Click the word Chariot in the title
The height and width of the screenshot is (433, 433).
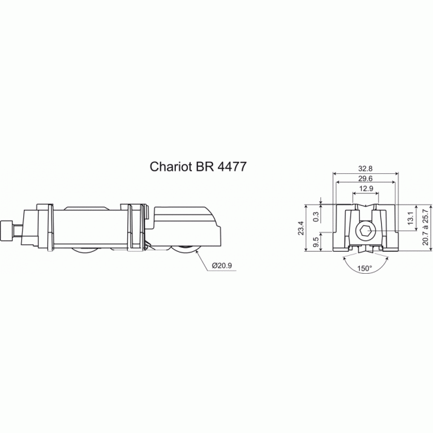(170, 167)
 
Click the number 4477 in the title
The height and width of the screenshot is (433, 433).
(230, 167)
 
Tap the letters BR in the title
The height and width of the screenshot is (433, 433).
(204, 167)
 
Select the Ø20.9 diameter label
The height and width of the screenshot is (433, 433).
(222, 266)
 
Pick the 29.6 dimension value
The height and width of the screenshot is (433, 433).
(364, 179)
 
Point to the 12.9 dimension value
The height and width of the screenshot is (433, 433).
(364, 189)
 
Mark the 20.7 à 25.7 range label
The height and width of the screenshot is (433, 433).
(425, 228)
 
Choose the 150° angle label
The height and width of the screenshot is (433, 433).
(364, 268)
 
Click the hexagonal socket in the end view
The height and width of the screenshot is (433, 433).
(365, 233)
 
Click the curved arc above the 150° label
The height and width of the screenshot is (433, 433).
(364, 262)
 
